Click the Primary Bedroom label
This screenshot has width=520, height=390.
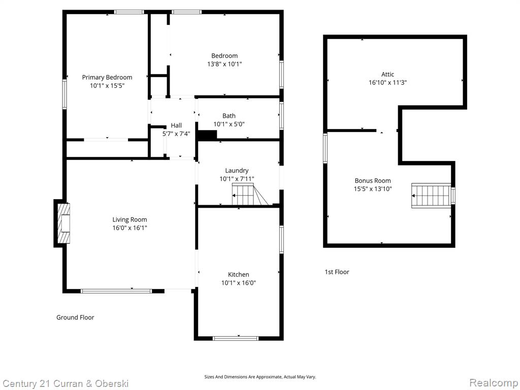click(107, 77)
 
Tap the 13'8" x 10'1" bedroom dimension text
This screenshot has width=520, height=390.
click(224, 64)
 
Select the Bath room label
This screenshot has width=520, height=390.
click(229, 116)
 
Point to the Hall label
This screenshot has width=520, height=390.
click(176, 125)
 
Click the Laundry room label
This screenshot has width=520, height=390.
click(237, 171)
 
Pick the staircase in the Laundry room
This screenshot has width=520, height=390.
click(250, 194)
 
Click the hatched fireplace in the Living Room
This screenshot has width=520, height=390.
click(64, 223)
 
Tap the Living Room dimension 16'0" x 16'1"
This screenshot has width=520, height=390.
click(129, 228)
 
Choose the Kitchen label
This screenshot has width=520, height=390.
click(239, 275)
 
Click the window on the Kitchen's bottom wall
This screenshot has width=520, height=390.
click(236, 338)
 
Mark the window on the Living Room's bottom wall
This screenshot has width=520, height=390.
click(116, 291)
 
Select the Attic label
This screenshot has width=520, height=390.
click(387, 74)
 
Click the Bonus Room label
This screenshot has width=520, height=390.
click(373, 181)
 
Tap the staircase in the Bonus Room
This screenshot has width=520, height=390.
click(431, 196)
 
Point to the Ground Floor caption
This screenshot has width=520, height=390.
click(75, 317)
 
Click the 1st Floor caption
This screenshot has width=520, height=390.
click(337, 272)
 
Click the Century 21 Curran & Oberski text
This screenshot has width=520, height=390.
click(66, 384)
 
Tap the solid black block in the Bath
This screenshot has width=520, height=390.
click(207, 135)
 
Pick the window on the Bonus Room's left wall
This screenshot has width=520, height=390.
click(326, 148)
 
